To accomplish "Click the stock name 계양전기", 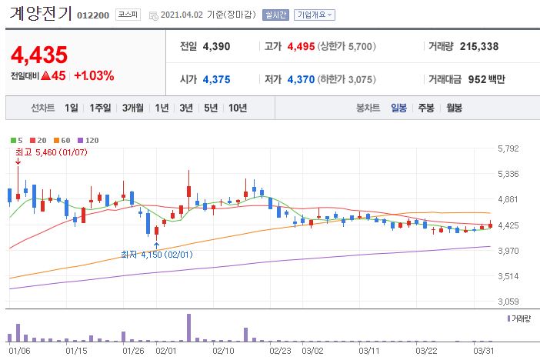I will tap(41, 14).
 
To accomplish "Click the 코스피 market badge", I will tap(127, 15).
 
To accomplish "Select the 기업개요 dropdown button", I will tap(315, 15).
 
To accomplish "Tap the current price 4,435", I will tap(39, 55).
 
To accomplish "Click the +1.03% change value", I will tap(94, 75).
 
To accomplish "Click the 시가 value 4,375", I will tap(216, 79).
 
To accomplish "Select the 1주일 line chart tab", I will tap(100, 108).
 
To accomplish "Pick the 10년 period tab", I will tap(237, 108).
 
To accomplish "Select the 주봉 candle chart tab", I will tap(426, 108).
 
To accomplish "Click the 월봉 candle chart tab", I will tap(454, 108).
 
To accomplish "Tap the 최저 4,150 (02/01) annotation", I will tap(158, 254).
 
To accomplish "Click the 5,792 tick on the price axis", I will tap(508, 148).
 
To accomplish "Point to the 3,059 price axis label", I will tap(508, 302).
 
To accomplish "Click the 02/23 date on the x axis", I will tap(280, 351).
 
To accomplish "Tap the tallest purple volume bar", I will tap(188, 328).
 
